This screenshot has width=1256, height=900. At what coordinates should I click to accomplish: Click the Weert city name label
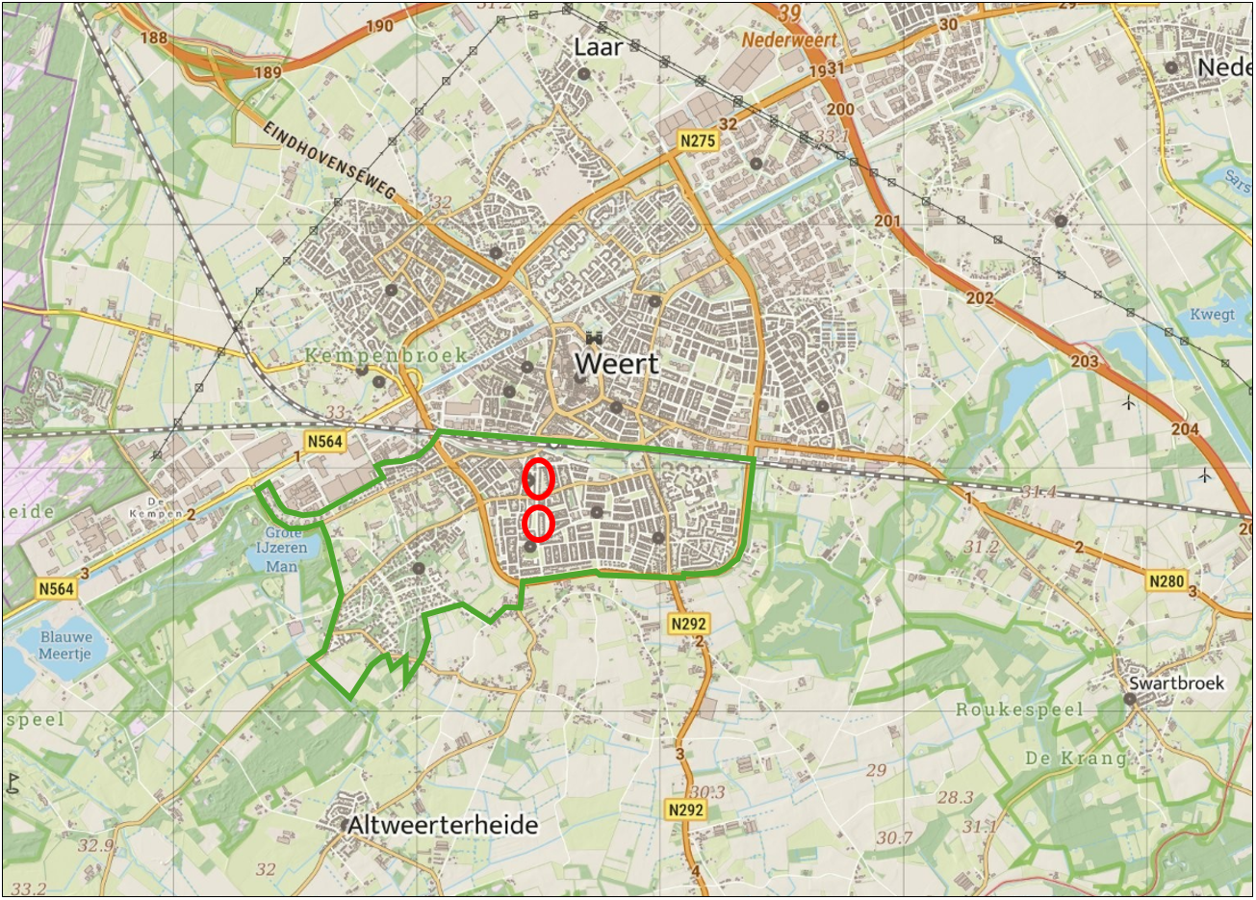tap(617, 364)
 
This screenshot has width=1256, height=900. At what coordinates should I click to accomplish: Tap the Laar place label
tap(598, 46)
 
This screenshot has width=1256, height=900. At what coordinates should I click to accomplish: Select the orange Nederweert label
tap(789, 39)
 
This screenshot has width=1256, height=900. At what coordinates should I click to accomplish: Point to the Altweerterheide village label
tap(443, 825)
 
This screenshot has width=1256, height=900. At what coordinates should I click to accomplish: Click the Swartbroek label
tap(1176, 683)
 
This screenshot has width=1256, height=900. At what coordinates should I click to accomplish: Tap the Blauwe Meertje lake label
tap(66, 645)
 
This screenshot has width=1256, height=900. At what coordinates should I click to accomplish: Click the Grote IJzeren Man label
tap(285, 549)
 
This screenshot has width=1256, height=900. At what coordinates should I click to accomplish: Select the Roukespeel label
tap(1019, 709)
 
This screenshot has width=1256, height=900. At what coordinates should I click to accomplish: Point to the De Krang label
tap(1075, 758)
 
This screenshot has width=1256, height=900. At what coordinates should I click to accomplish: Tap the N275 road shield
tap(697, 141)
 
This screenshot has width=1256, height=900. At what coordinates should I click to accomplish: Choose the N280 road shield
tap(1166, 580)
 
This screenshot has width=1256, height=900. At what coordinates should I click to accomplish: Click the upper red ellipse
tap(538, 478)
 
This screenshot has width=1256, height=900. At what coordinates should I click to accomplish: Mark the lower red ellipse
tap(539, 524)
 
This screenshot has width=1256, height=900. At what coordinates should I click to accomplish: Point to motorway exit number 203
tap(1085, 362)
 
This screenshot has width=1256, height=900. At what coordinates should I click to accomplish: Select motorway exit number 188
tap(153, 38)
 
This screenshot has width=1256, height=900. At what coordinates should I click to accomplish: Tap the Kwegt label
tap(1212, 315)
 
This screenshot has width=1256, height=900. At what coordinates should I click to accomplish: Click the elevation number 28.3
tap(955, 797)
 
